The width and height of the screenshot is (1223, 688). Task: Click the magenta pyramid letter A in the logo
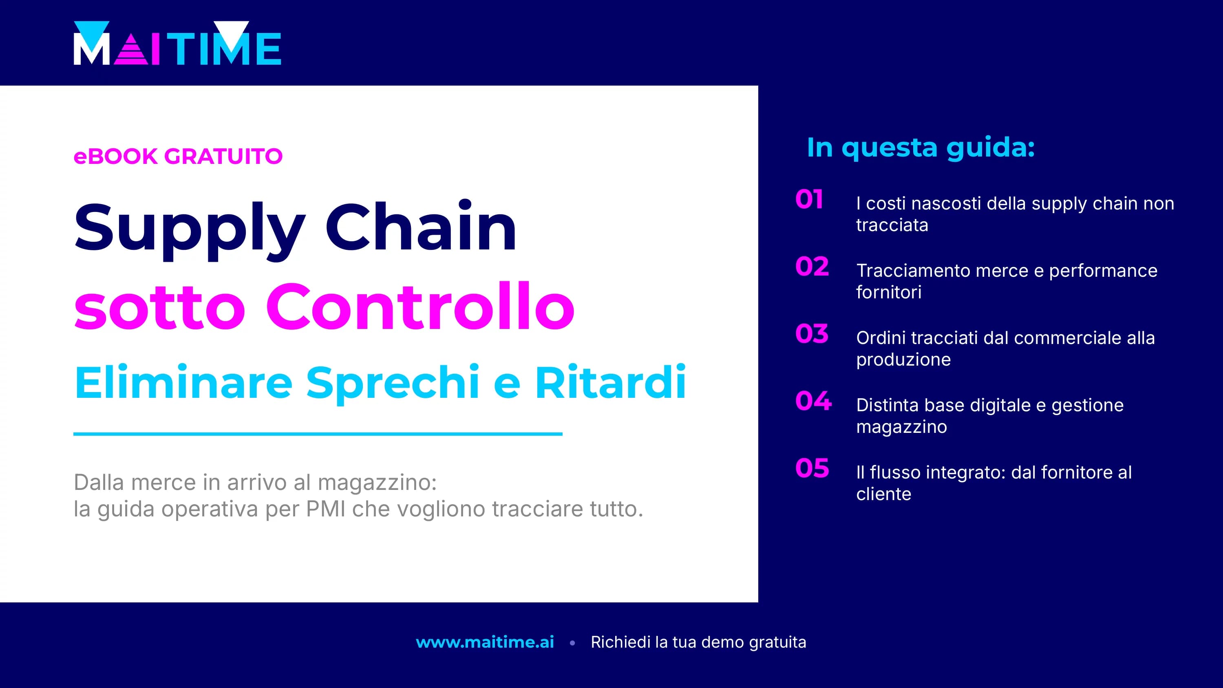pos(131,50)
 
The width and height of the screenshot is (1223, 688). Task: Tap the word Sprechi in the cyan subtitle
pos(392,383)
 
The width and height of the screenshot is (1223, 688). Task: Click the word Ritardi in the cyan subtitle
pos(610,383)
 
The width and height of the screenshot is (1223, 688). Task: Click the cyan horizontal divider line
pos(318,434)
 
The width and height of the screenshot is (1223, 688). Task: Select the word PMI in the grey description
pos(326,509)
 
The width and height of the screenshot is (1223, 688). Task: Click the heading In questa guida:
pos(921,148)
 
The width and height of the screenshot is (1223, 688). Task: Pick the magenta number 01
pos(809,199)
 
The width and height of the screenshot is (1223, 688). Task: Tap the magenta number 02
pos(812,267)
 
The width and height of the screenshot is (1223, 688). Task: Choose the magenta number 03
pos(812,334)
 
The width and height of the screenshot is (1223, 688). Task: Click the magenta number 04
pos(813,401)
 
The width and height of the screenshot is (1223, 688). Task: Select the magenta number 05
pos(812,468)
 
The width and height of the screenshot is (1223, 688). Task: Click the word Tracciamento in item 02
pos(914,271)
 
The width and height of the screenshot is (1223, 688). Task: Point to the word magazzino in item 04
pos(901,427)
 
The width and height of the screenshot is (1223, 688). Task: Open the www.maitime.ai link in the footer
pos(485,642)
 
